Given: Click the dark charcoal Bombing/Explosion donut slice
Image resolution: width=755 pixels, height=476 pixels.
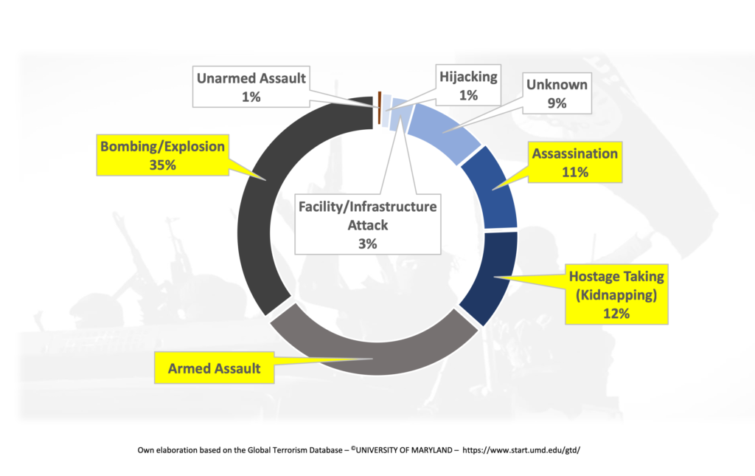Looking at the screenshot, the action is (x=254, y=207).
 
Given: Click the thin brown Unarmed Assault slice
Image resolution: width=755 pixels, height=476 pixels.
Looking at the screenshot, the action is (x=380, y=108).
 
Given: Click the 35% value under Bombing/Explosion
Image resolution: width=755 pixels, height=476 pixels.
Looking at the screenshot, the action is (x=162, y=165).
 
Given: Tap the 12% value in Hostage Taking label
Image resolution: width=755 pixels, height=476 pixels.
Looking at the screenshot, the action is (x=616, y=314).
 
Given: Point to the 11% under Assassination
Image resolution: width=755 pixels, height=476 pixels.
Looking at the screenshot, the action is (x=575, y=172).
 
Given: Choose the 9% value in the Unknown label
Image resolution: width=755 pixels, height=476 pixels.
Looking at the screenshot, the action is (x=557, y=103).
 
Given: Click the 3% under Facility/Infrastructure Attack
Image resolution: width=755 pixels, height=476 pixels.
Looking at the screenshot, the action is (x=367, y=244).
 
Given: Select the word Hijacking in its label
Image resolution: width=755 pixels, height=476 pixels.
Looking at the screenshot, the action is (x=468, y=77).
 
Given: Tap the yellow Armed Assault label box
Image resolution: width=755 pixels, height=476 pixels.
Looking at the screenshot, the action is (x=215, y=368).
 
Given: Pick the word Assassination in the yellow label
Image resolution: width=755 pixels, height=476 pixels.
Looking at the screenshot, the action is (x=575, y=154).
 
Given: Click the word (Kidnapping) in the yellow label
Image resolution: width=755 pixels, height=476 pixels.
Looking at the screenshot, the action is (x=616, y=295).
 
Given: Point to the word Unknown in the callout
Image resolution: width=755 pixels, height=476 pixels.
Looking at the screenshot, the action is (x=557, y=85).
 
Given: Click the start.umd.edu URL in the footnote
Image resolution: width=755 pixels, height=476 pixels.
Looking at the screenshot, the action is (x=521, y=450).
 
